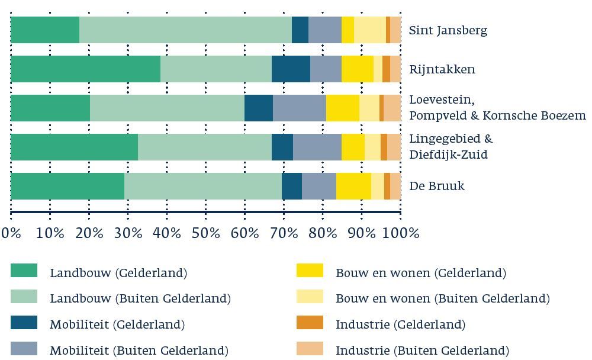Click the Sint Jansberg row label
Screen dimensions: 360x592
[x=448, y=31]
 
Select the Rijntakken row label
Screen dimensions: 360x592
[x=442, y=69]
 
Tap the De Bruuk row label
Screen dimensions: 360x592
[x=437, y=186]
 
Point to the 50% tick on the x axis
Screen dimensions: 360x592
[x=206, y=233]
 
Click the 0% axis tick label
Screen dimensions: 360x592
[x=11, y=233]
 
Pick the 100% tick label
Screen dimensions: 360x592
[x=400, y=233]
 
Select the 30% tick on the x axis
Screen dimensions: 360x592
[x=128, y=233]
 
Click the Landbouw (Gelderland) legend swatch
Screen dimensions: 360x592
[x=24, y=272]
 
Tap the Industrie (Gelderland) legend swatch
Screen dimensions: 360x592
[x=310, y=323]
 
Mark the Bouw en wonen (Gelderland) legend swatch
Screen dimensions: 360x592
[x=310, y=272]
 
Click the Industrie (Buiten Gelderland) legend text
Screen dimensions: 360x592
[x=422, y=351]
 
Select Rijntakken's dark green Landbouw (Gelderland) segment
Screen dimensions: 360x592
[x=85, y=69]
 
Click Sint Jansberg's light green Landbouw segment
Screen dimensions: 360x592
[x=185, y=30]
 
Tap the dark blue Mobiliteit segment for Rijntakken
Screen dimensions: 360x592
[x=291, y=69]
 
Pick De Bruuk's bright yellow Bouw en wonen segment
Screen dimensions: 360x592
[x=353, y=186]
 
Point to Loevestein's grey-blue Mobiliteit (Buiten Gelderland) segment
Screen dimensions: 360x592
[x=299, y=108]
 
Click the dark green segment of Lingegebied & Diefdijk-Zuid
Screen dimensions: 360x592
[x=74, y=147]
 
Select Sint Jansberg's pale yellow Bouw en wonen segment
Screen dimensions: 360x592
[x=369, y=30]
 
